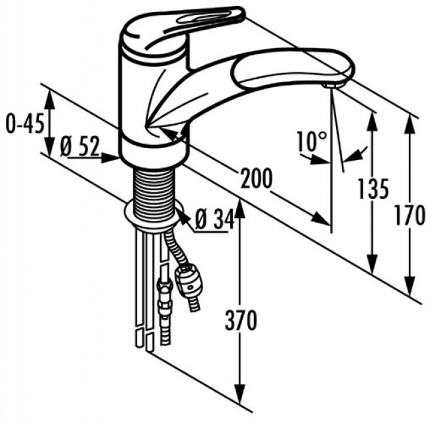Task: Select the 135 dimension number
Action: (x=372, y=190)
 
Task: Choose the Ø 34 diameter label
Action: (x=215, y=219)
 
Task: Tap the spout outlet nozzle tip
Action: (x=331, y=85)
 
